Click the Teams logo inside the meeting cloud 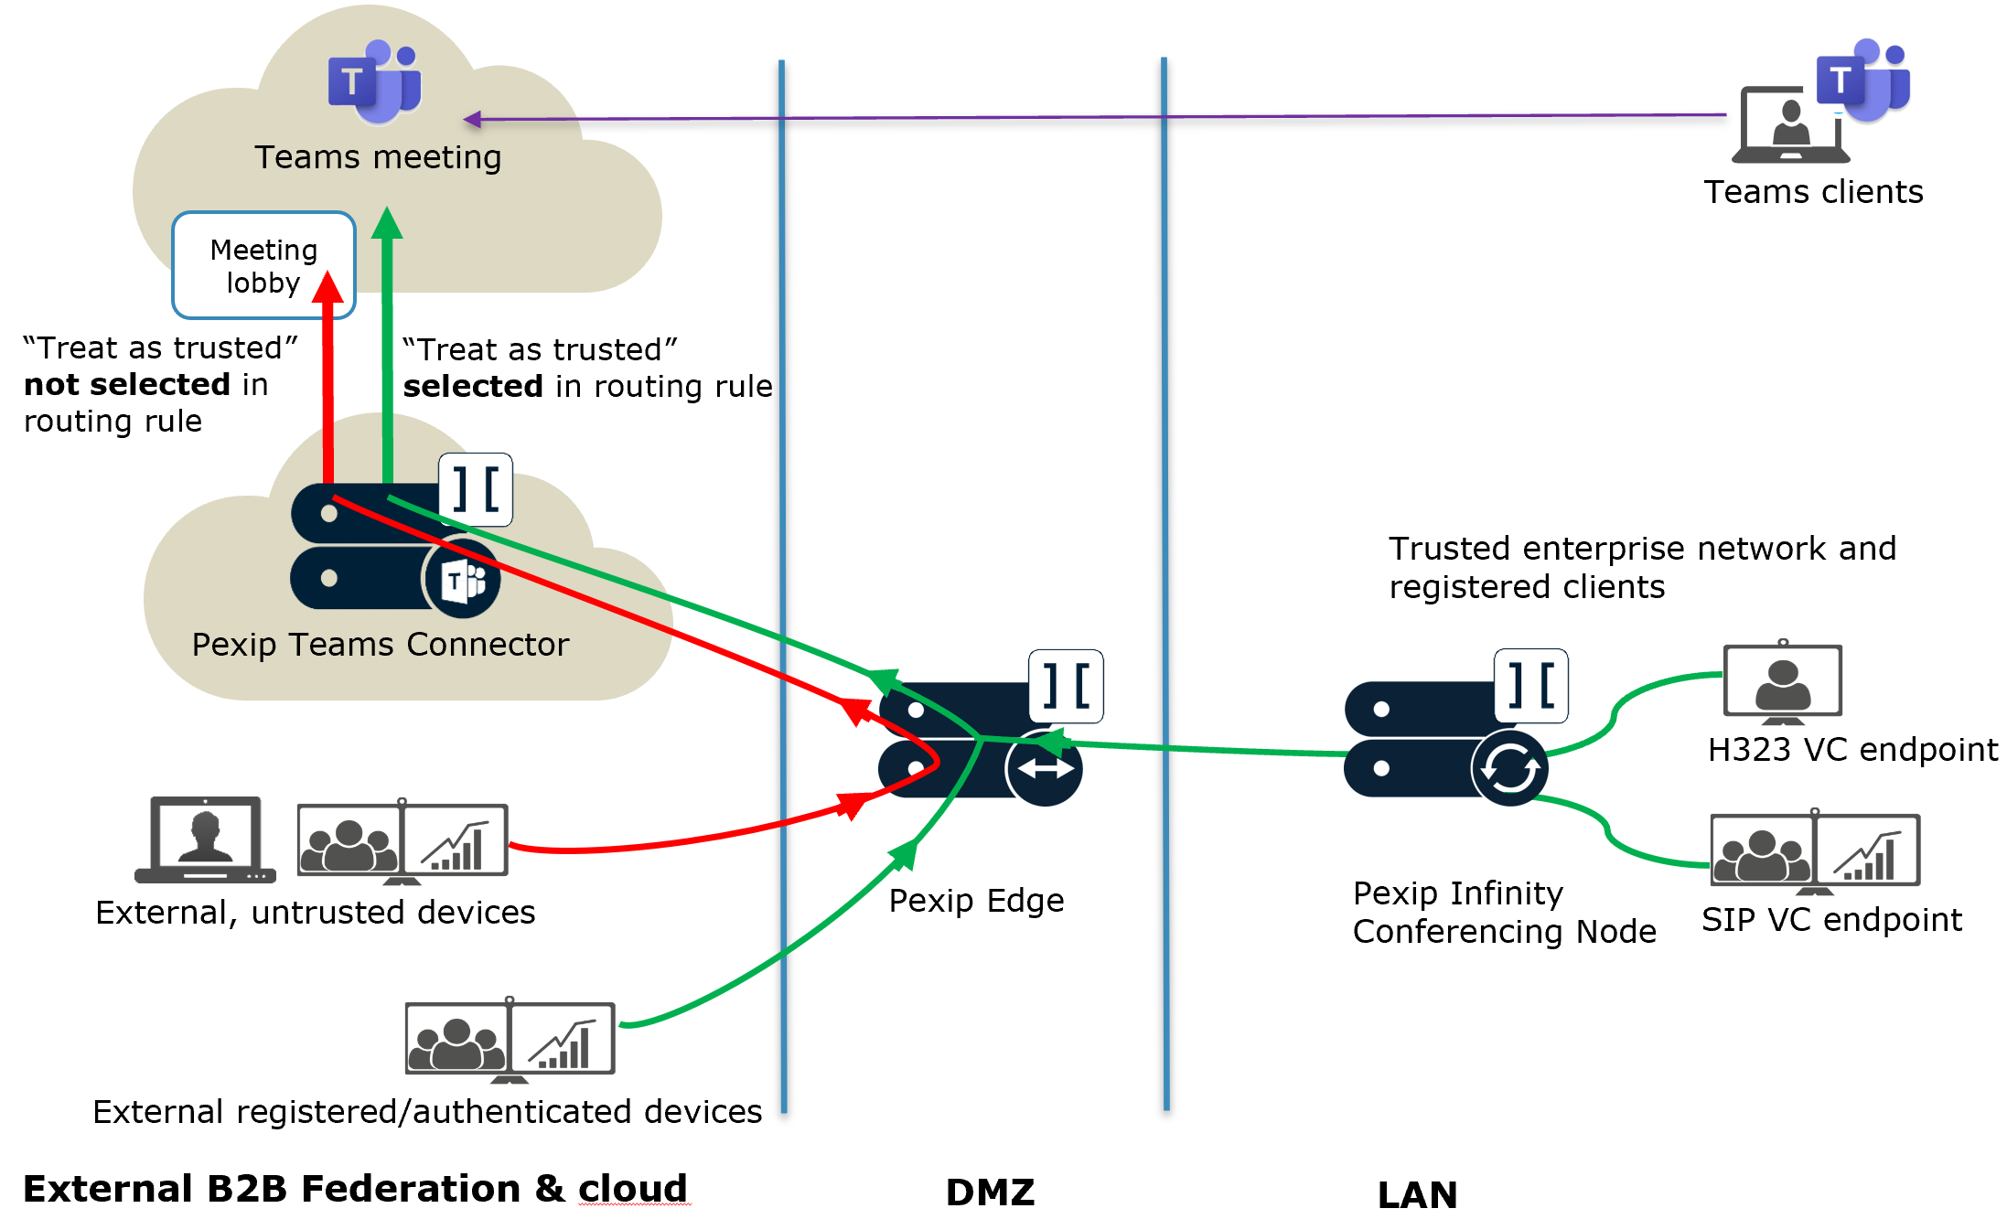click(x=375, y=82)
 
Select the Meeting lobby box click(x=263, y=265)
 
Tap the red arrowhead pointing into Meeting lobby click(x=327, y=287)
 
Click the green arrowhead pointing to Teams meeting click(x=387, y=223)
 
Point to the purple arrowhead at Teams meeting click(x=472, y=119)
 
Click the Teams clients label click(x=1813, y=192)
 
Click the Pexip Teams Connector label click(x=380, y=645)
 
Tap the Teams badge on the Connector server click(x=462, y=580)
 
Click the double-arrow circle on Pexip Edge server click(x=1045, y=768)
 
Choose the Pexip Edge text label click(x=976, y=901)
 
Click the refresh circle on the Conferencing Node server click(x=1509, y=768)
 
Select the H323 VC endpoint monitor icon click(x=1782, y=682)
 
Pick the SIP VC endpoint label click(x=1831, y=920)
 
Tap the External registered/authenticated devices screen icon click(x=510, y=1040)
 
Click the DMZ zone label click(x=990, y=1192)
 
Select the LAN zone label click(x=1417, y=1194)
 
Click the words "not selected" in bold click(x=127, y=385)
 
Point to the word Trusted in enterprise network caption click(x=1450, y=549)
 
